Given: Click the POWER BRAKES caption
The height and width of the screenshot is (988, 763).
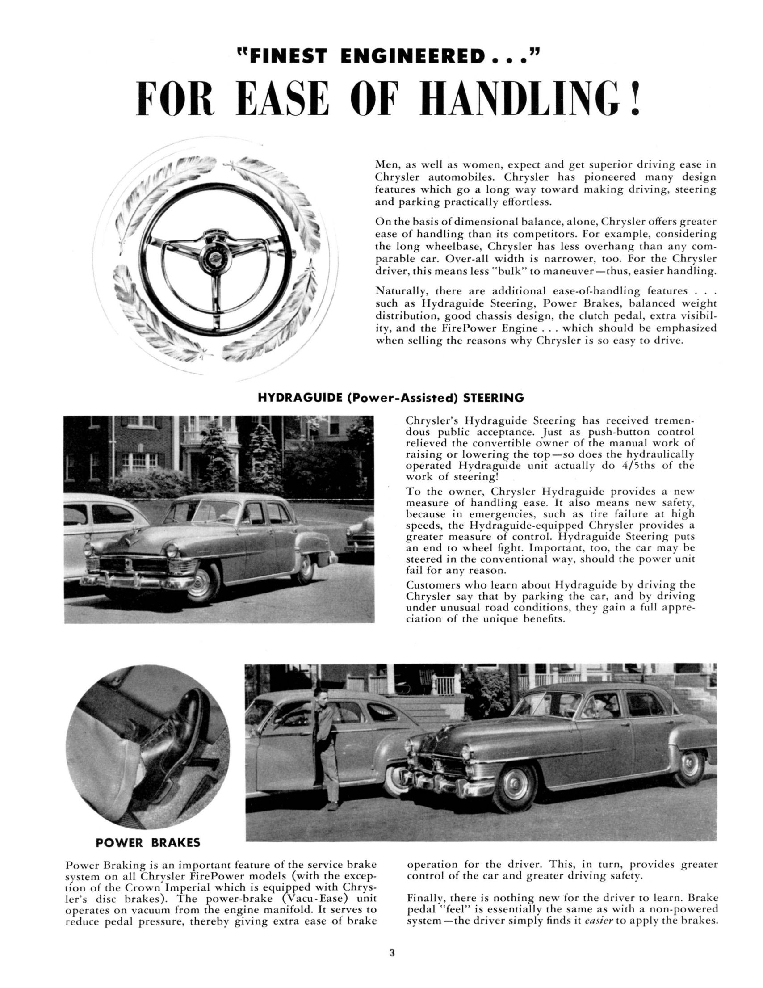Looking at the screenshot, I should coord(148,843).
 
